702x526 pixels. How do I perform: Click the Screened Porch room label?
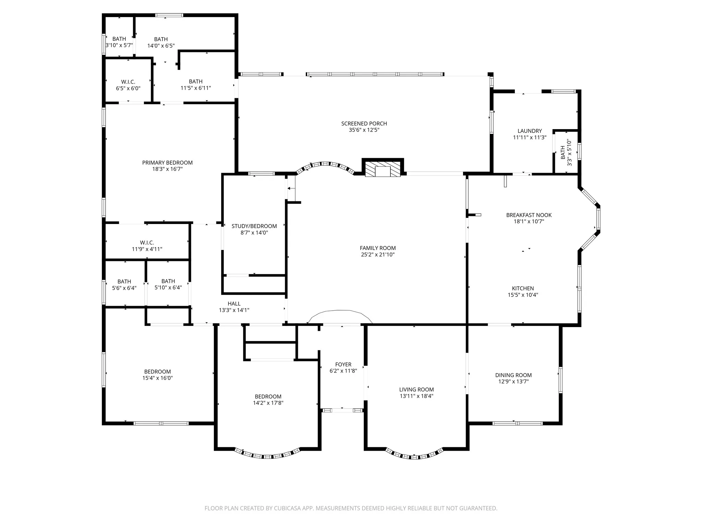364,124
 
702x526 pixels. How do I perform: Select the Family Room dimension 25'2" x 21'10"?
378,255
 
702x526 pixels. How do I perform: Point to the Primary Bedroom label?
167,163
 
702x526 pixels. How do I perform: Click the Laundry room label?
530,131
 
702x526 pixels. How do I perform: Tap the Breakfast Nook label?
529,215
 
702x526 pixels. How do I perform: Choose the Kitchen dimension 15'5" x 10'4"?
523,295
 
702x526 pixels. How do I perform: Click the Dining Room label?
513,375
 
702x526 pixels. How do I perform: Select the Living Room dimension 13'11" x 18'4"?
416,396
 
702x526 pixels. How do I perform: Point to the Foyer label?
343,365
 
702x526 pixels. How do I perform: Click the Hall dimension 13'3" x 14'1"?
234,310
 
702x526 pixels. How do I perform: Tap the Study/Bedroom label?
254,226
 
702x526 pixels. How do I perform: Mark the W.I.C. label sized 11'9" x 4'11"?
147,243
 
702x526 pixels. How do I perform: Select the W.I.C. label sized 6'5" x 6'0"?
128,82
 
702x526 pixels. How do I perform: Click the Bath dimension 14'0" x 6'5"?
161,46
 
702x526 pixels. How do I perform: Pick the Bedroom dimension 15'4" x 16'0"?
158,378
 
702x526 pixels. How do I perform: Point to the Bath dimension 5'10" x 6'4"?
168,288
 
